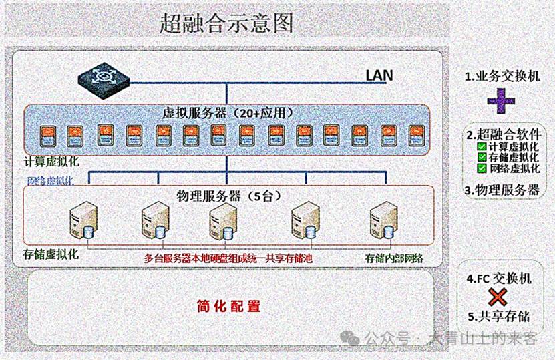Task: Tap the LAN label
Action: [379, 75]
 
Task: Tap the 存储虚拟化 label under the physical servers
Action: [51, 255]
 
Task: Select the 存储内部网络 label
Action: [395, 257]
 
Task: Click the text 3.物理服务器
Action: [502, 190]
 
